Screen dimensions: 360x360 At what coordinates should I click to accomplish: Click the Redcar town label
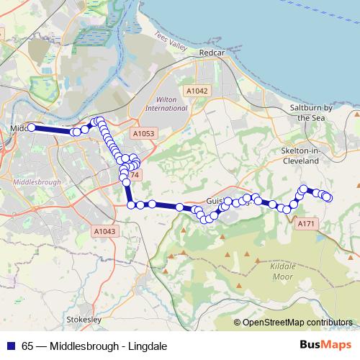point(213,54)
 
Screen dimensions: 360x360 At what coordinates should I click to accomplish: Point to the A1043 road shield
point(104,231)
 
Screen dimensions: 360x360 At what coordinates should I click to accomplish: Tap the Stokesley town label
point(83,318)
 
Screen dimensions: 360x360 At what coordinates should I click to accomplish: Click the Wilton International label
point(166,103)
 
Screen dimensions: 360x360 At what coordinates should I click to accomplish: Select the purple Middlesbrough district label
point(37,183)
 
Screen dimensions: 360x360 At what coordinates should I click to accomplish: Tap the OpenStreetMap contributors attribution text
point(297,323)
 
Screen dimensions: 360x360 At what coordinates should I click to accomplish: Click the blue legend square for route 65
point(10,346)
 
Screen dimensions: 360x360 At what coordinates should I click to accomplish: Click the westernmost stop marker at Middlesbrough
point(31,127)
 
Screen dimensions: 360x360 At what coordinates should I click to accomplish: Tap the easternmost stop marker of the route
point(328,197)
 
